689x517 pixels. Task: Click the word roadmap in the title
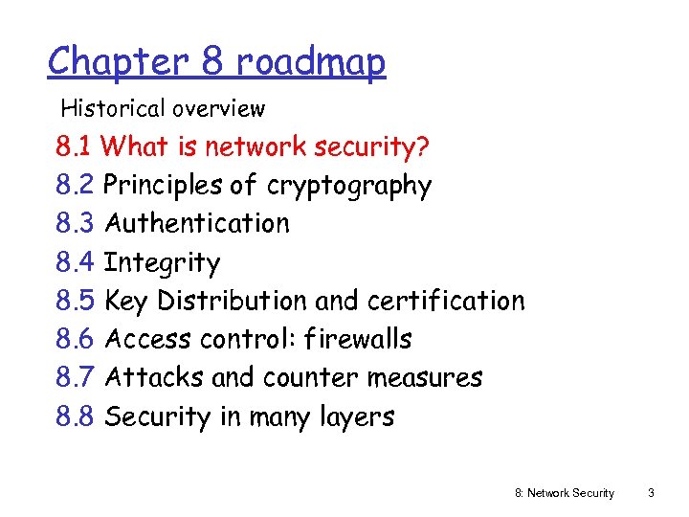(x=311, y=62)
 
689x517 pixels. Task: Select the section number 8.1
(x=74, y=146)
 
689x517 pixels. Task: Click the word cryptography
(x=349, y=186)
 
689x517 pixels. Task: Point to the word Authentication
(x=196, y=223)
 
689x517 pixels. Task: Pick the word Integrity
(x=162, y=262)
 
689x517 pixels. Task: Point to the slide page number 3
(x=651, y=493)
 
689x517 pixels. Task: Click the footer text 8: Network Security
(x=565, y=493)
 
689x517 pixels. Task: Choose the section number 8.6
(x=75, y=339)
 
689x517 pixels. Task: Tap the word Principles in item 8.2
(x=159, y=185)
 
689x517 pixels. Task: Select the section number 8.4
(x=75, y=262)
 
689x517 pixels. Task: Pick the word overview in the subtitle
(x=220, y=109)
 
